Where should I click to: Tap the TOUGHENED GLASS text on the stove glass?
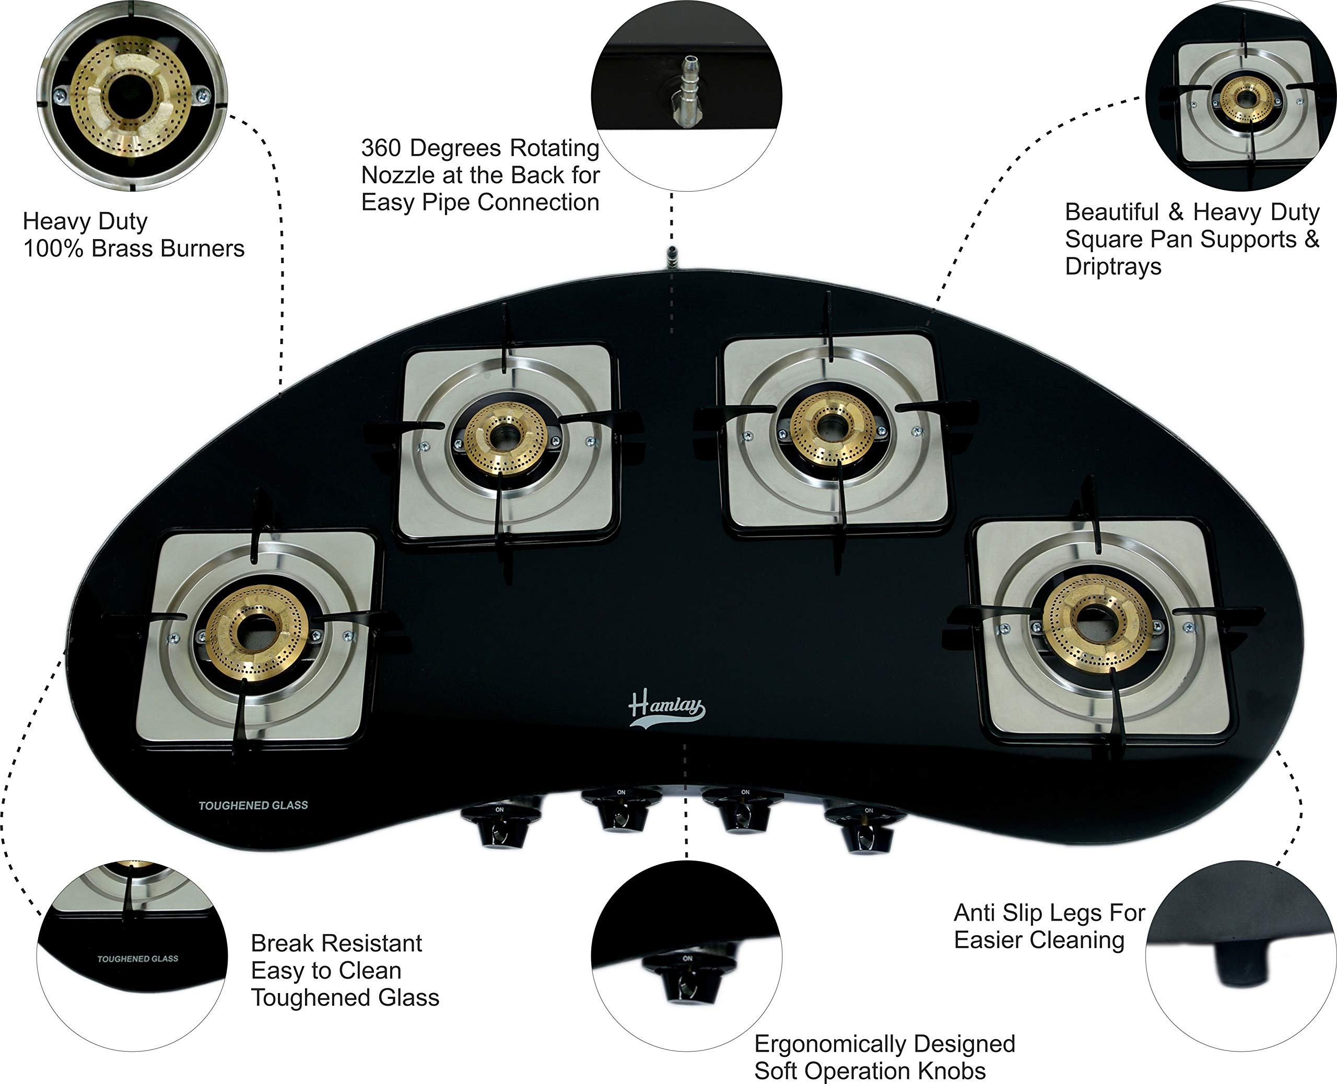coord(253,806)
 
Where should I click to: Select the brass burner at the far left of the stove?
coord(256,632)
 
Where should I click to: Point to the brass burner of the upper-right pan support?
coord(830,428)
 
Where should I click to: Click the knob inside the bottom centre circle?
coord(686,979)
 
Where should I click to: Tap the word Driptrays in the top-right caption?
coord(1113,267)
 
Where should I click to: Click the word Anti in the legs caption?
coord(974,913)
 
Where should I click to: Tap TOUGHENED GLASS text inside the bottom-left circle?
coord(137,959)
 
